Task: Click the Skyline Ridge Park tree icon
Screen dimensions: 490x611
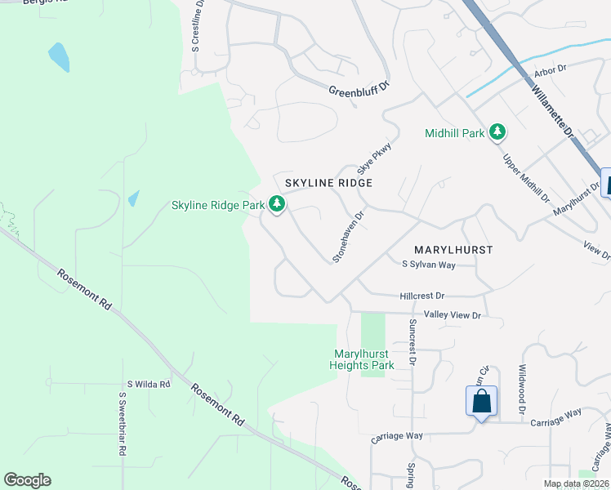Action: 278,204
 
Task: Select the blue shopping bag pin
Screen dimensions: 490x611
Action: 482,402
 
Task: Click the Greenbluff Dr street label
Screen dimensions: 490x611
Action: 360,91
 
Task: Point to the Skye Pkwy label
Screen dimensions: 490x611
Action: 375,158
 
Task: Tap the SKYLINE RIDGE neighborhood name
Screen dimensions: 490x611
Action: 328,183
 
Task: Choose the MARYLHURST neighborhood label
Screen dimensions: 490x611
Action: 453,250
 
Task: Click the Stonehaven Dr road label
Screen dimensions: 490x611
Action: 347,234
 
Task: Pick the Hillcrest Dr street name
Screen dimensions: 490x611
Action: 422,296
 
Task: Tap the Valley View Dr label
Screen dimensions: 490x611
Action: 453,314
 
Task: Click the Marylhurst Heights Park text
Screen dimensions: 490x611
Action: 364,359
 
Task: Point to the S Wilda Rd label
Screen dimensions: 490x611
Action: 148,384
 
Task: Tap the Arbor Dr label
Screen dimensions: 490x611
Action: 550,71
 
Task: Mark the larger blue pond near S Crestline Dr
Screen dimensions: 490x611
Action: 59,57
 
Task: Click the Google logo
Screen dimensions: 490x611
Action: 27,480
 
